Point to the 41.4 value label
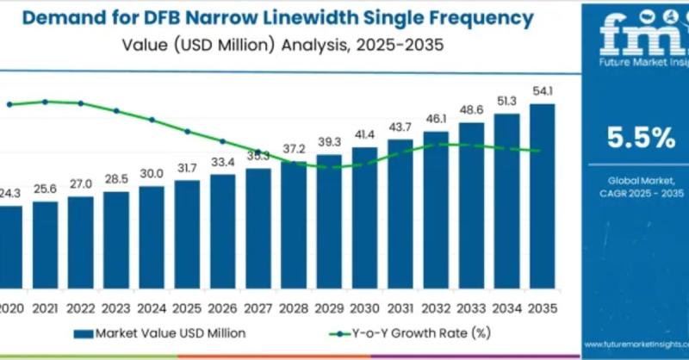(x=365, y=135)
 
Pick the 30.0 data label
(x=152, y=174)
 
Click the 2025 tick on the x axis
(x=187, y=307)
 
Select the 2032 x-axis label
(x=436, y=307)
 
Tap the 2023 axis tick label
(x=116, y=307)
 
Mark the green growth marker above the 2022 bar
(x=81, y=103)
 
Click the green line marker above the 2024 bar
(x=152, y=120)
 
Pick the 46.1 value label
(x=436, y=118)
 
